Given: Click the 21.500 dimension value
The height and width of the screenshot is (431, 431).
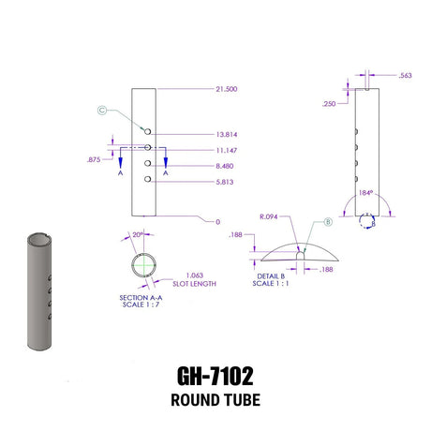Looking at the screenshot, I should pos(226,89).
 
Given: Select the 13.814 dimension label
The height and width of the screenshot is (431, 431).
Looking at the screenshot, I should pos(226,134).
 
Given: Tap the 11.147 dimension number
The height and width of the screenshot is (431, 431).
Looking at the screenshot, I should pos(226,150).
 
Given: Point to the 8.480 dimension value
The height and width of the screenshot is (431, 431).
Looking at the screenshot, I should pos(224,165).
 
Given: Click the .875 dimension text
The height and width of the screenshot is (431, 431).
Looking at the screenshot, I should pos(94,160).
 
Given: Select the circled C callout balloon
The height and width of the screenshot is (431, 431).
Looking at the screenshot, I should pos(102,111).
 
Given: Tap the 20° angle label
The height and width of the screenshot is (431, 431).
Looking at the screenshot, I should pos(139,235).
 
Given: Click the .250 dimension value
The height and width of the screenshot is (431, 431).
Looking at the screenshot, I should pos(330,104).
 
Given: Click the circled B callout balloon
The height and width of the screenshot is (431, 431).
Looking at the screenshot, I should pos(328,222).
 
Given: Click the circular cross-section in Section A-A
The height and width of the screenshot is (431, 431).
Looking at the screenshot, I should pos(144,265).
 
